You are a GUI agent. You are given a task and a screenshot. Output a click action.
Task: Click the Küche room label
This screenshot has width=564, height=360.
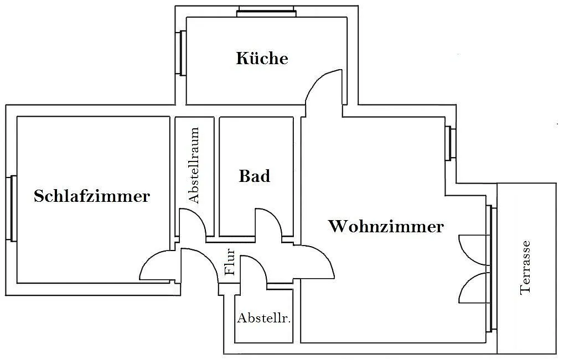pyautogui.click(x=262, y=58)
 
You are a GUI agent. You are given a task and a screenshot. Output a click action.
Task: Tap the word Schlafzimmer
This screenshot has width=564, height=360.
pyautogui.click(x=91, y=196)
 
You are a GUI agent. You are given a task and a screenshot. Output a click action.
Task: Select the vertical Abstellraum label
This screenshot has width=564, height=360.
pyautogui.click(x=194, y=166)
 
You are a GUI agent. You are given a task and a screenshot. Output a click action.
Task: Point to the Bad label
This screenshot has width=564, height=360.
pyautogui.click(x=255, y=176)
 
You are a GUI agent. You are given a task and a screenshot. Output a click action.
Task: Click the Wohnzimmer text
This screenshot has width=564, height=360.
pyautogui.click(x=386, y=227)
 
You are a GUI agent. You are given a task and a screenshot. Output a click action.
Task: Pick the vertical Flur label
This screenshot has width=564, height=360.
pyautogui.click(x=231, y=263)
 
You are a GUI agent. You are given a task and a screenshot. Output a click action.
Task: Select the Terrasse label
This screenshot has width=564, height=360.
pyautogui.click(x=525, y=267)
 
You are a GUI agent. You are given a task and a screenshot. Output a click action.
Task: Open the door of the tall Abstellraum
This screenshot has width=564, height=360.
pyautogui.click(x=194, y=223)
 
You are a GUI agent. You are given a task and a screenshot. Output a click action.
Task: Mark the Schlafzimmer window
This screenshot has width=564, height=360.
pyautogui.click(x=11, y=208)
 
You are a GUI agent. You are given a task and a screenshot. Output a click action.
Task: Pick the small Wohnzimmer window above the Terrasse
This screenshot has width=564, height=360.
pyautogui.click(x=451, y=144)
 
